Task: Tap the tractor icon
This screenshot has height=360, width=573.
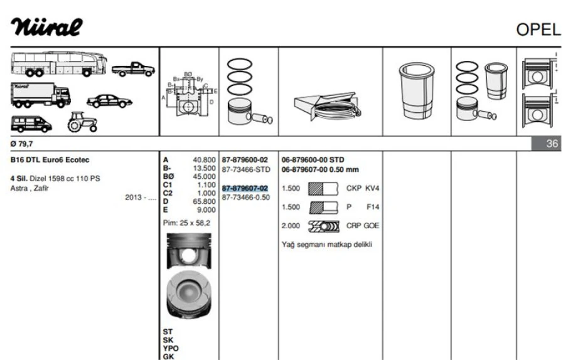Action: point(82,122)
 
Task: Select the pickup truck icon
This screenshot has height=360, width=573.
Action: point(133,69)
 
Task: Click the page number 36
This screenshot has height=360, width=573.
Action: point(552,144)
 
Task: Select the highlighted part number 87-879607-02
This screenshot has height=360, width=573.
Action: point(245,188)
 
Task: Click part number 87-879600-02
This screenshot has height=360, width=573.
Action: point(245,160)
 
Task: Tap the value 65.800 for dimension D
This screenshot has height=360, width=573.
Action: point(204,202)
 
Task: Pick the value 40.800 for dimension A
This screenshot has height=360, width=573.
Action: point(204,160)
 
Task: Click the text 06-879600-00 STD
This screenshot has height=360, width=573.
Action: point(313,160)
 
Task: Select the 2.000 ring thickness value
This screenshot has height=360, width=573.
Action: point(290,226)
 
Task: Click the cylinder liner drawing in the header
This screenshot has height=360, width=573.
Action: point(417,91)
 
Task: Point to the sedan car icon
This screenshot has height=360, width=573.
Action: point(109,100)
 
